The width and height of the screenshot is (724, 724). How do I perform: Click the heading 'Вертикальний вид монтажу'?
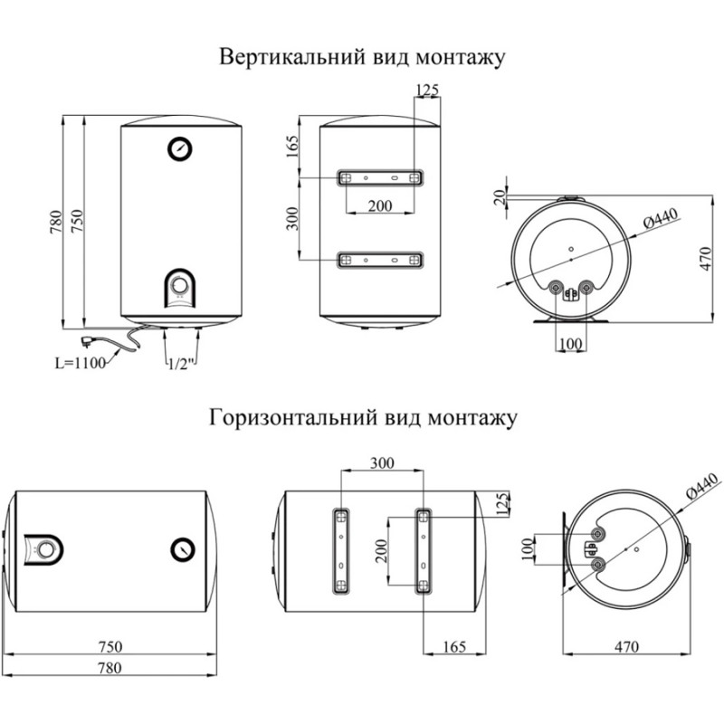tap(362, 57)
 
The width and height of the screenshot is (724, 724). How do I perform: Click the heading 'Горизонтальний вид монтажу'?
tap(362, 418)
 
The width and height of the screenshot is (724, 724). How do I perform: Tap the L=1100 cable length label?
tap(80, 363)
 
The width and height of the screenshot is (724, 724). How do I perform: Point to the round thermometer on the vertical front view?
tap(180, 148)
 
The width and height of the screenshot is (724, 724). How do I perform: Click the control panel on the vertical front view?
tap(180, 288)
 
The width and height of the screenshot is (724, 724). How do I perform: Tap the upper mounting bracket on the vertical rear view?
tap(380, 178)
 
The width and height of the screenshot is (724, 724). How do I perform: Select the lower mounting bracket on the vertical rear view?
tap(380, 260)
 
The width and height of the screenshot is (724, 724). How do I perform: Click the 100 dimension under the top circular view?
tap(569, 345)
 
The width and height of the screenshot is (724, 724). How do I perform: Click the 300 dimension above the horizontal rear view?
tap(383, 462)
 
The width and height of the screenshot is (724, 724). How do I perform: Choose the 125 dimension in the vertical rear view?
tap(426, 89)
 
